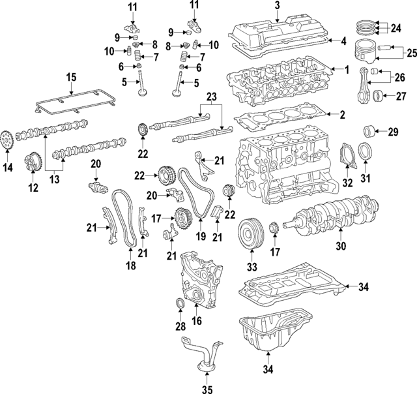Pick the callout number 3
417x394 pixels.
(x=277, y=7)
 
